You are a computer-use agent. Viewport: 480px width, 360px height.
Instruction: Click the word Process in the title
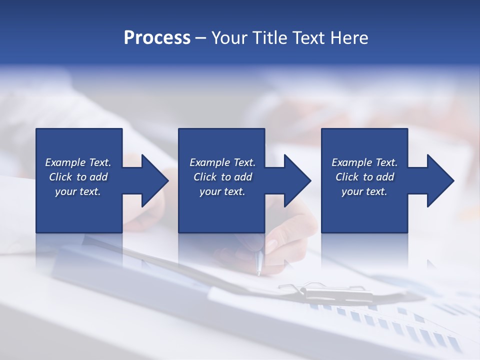coord(157,38)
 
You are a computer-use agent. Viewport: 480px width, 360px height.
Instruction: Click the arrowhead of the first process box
coord(152,180)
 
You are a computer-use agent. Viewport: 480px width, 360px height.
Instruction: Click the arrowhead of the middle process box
coord(294,180)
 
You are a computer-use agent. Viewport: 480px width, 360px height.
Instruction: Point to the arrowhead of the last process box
coord(437,180)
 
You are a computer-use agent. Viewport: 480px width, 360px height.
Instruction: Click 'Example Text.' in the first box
coord(78,162)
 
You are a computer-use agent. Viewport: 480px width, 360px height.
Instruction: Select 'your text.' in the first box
coord(78,191)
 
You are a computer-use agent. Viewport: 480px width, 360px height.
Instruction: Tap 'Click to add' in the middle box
coord(222,177)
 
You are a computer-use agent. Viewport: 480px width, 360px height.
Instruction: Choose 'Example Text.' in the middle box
coord(222,162)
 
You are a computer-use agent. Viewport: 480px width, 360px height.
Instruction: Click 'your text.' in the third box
coord(364,191)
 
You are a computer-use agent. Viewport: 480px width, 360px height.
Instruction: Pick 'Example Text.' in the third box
coord(364,162)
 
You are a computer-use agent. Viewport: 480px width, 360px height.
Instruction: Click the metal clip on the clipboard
coord(320,289)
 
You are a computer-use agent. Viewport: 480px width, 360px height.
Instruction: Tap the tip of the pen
coord(259,273)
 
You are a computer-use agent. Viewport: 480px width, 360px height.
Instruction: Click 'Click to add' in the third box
coord(364,177)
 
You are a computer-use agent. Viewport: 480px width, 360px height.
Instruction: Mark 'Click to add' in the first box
coord(78,177)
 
